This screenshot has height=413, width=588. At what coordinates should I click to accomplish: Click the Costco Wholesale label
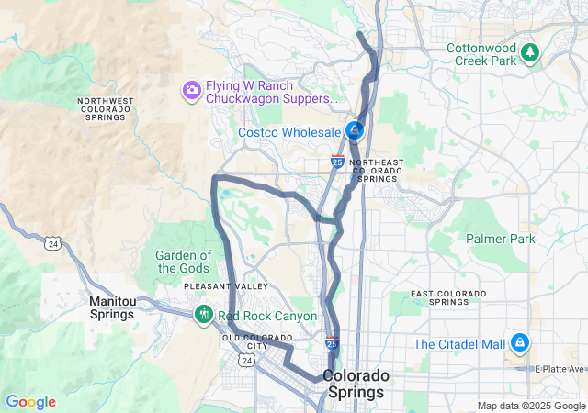click(x=289, y=132)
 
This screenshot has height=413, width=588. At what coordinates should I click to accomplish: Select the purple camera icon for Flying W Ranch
click(x=192, y=89)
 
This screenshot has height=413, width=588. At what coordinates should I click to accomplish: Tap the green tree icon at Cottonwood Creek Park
click(x=529, y=52)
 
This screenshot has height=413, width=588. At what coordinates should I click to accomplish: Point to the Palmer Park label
click(x=500, y=239)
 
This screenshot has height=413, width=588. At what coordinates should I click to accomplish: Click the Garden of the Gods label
click(x=184, y=262)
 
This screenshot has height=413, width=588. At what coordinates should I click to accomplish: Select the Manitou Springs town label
click(x=112, y=307)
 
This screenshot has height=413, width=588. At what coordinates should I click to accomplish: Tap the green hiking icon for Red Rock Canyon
click(x=203, y=315)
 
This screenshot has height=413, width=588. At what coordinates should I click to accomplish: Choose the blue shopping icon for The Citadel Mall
click(x=520, y=343)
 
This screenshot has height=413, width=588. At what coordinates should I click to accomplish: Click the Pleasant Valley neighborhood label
click(x=212, y=286)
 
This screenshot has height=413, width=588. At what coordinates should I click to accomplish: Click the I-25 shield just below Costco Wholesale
click(x=337, y=162)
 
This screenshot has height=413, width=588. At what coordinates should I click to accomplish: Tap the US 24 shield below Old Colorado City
click(x=246, y=361)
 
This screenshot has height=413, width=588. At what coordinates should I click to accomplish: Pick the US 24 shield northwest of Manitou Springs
click(x=52, y=243)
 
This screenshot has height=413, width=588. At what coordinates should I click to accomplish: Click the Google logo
click(x=30, y=402)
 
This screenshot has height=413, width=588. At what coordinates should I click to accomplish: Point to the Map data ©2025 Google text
click(x=530, y=406)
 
